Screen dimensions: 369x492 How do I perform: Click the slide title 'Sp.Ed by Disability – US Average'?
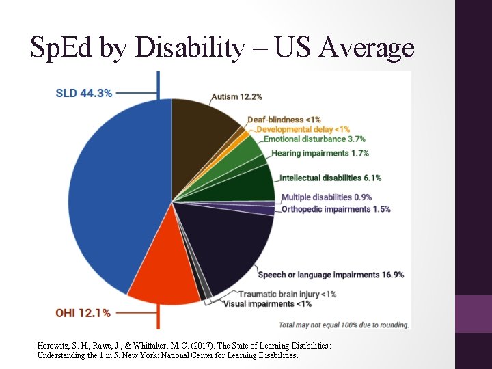pyautogui.click(x=222, y=48)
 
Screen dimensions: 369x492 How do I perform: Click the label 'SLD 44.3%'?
pyautogui.click(x=84, y=93)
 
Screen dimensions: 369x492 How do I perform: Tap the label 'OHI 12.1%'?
pyautogui.click(x=83, y=313)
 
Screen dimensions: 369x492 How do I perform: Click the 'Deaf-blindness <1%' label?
pyautogui.click(x=284, y=120)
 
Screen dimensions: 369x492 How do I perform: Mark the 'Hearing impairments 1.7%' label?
pyautogui.click(x=320, y=153)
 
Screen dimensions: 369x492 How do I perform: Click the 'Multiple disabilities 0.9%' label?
pyautogui.click(x=327, y=197)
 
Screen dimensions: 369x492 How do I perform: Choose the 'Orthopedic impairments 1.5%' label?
pyautogui.click(x=336, y=209)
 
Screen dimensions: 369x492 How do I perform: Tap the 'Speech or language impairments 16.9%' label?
pyautogui.click(x=331, y=275)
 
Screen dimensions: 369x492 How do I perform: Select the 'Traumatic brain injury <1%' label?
pyautogui.click(x=287, y=295)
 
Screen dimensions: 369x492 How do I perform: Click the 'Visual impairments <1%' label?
pyautogui.click(x=267, y=304)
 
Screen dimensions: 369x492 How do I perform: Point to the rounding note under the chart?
pyautogui.click(x=344, y=325)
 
